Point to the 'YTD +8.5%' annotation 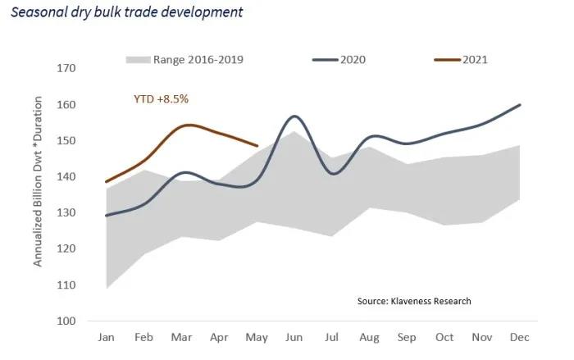pos(162,99)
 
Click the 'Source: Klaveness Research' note pos(414,301)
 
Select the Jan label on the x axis pos(106,337)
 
